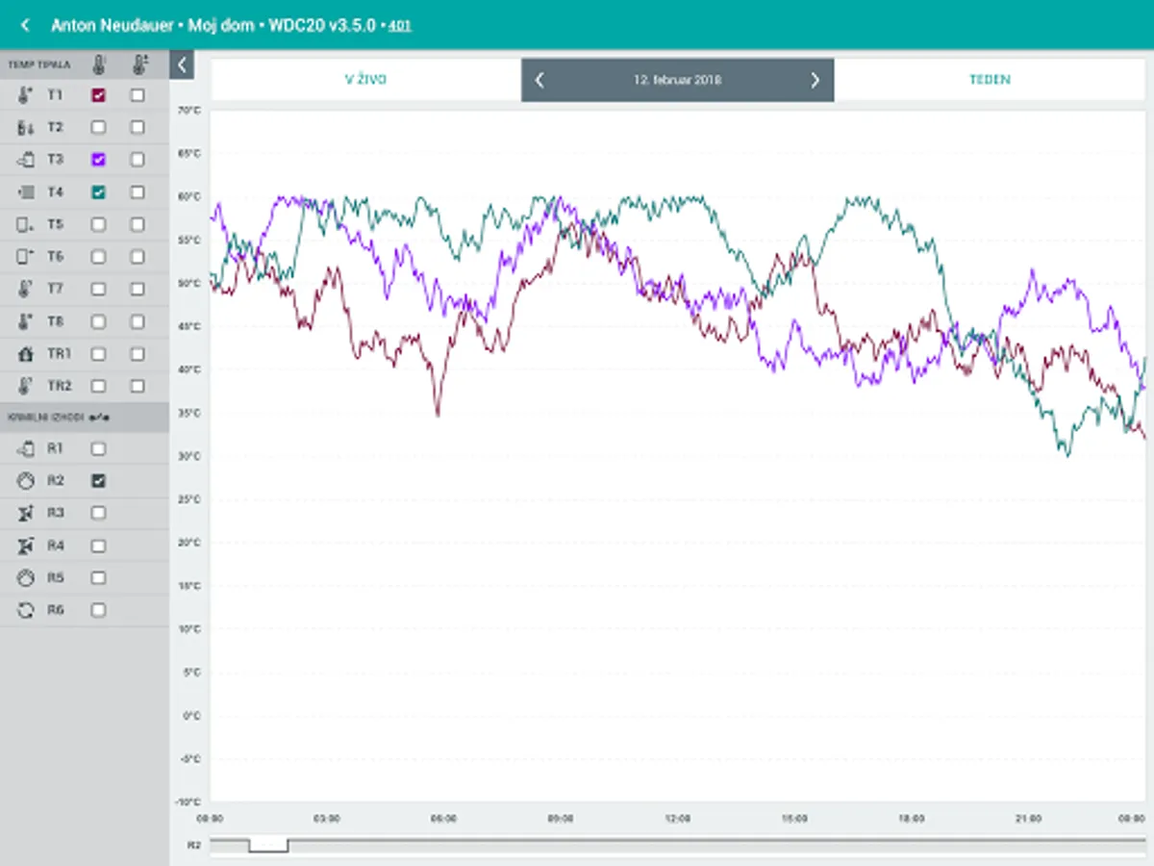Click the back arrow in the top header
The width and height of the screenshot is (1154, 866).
coord(25,25)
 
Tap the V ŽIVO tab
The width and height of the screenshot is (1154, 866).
coord(365,80)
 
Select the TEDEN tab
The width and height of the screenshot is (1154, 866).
coord(990,80)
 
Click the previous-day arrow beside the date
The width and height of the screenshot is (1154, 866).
coord(539,80)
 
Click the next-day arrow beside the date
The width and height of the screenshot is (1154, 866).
coord(815,80)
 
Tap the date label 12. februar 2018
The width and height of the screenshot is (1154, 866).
coord(677,80)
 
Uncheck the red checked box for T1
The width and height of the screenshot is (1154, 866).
coord(98,95)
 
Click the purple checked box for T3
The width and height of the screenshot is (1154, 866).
coord(98,160)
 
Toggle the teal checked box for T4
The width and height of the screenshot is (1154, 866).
coord(98,192)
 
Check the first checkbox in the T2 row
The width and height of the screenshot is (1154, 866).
coord(98,127)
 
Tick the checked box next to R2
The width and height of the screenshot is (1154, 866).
coord(98,480)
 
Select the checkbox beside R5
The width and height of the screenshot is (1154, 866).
coord(98,577)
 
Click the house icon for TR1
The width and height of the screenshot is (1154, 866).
coord(26,354)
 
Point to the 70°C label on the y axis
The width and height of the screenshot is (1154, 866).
coord(188,111)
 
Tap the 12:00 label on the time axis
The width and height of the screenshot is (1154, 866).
coord(677,819)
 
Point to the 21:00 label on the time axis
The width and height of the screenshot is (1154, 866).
coord(1028,819)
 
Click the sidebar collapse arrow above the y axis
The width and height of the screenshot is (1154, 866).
coord(181,65)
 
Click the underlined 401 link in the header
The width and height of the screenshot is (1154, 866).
coord(399,26)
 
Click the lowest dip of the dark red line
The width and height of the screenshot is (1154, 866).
coord(439,415)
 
